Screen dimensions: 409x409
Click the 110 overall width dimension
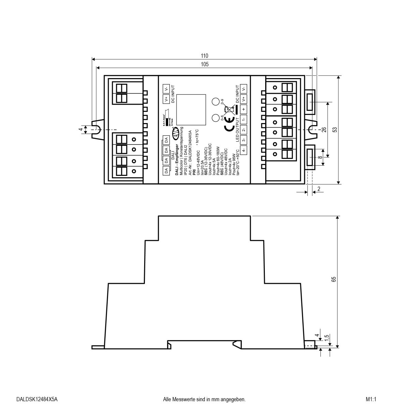(x=204, y=56)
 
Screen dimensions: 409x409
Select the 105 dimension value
(x=204, y=64)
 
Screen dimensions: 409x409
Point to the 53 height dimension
(x=335, y=130)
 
